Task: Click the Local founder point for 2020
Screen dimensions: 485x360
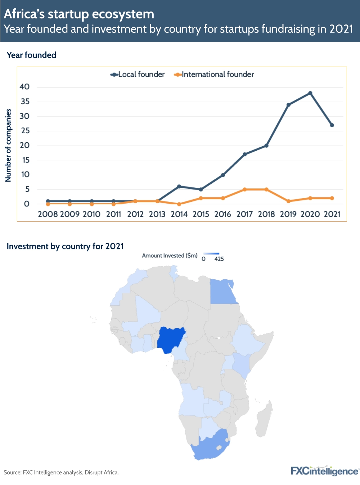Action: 310,93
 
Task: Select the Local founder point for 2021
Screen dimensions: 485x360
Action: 332,125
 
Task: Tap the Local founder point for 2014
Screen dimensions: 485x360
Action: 179,186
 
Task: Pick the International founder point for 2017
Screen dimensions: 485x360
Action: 244,189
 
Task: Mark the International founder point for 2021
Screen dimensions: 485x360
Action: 332,198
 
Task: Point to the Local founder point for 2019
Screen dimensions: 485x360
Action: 288,105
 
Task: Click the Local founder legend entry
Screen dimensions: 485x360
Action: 138,75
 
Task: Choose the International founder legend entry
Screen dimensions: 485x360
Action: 214,75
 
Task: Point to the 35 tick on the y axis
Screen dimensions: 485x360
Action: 25,102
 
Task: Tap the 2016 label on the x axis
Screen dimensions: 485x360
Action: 222,214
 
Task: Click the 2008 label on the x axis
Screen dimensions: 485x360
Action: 48,214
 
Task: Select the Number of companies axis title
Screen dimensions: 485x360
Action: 8,145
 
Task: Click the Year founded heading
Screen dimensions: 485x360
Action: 32,55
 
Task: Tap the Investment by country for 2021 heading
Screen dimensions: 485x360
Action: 65,246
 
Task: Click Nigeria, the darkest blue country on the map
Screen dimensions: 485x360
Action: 170,339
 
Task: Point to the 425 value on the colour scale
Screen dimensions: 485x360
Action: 219,259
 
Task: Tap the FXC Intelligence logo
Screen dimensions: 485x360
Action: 324,471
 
